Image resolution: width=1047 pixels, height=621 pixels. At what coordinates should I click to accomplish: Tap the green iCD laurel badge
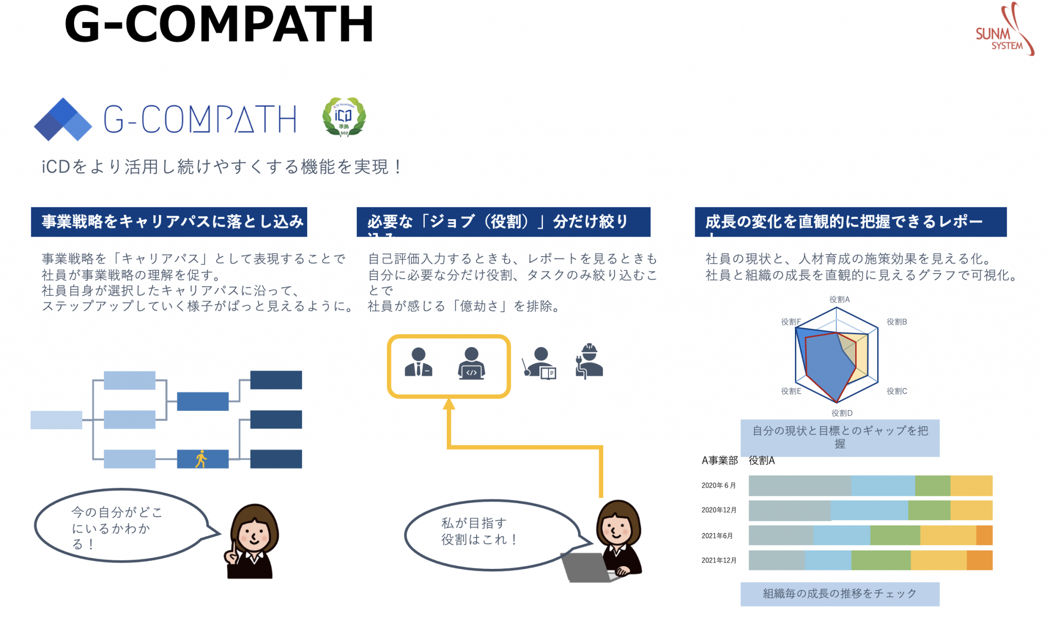point(344,117)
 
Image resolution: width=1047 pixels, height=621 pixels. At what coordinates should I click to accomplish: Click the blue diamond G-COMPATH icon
point(62,120)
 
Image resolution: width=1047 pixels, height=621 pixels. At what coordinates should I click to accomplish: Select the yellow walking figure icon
point(201,459)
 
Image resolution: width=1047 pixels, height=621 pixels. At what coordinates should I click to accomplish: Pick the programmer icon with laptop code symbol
point(471,363)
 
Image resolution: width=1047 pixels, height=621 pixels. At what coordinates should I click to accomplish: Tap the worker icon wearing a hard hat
point(589,361)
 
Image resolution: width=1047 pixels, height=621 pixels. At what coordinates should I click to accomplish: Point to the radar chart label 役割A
point(839,300)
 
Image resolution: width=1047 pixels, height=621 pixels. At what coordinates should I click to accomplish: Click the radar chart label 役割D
point(841,413)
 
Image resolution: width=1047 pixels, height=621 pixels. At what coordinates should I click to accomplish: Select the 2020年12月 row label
point(719,510)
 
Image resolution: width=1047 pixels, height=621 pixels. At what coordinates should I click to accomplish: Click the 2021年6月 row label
point(717,536)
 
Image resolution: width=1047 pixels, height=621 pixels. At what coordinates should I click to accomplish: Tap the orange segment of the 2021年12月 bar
point(980,560)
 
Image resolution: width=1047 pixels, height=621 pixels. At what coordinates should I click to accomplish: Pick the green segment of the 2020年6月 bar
point(932,486)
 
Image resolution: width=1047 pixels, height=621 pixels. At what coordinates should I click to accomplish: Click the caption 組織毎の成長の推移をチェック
point(839,594)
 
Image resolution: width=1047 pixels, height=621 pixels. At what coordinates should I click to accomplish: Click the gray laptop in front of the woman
point(587,567)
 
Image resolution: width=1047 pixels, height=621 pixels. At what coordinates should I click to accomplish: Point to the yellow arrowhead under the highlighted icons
point(449,404)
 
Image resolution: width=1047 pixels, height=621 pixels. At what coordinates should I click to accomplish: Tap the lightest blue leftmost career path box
point(56,420)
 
